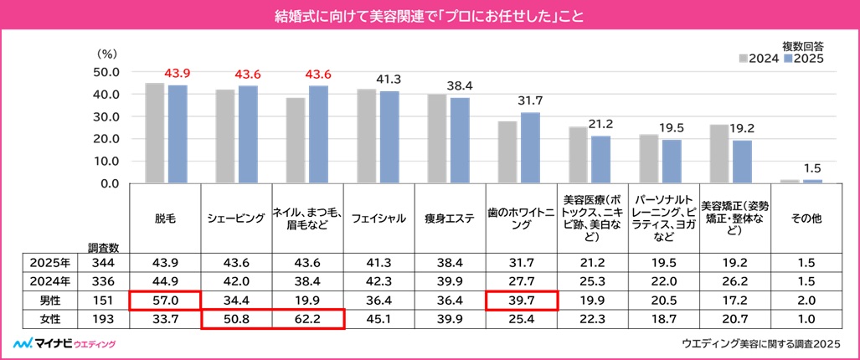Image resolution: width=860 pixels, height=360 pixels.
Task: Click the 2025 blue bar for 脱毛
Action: click(x=178, y=134)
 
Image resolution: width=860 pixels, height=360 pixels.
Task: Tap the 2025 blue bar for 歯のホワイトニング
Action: click(x=530, y=147)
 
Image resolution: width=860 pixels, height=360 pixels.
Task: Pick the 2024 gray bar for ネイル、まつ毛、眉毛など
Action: click(x=296, y=140)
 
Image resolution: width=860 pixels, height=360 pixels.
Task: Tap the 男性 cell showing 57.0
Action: click(x=165, y=299)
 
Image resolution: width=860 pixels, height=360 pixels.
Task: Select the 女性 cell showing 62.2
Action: click(x=308, y=319)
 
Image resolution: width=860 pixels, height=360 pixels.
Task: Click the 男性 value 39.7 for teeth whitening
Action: click(x=523, y=299)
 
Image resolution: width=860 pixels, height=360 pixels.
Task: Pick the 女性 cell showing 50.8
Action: click(x=236, y=319)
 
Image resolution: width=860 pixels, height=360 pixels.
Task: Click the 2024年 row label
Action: click(x=49, y=279)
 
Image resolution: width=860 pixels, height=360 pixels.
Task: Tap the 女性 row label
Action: click(x=49, y=319)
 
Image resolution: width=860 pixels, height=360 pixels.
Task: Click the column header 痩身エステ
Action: click(x=451, y=219)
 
